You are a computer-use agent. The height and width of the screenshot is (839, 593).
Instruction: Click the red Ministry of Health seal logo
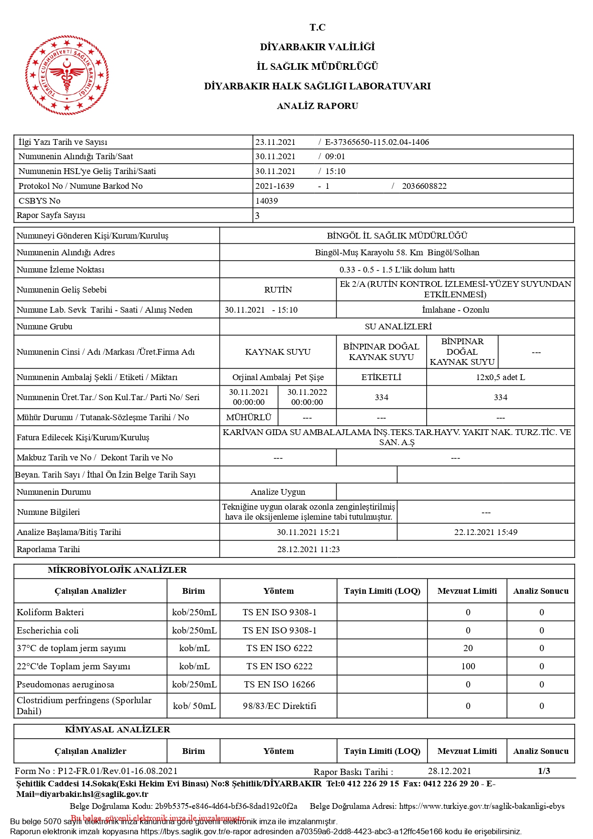point(67,75)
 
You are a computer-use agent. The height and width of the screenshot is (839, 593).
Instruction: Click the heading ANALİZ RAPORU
point(317,106)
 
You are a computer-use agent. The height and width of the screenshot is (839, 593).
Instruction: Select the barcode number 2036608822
point(424,186)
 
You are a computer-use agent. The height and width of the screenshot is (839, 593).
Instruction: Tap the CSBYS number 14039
point(266,201)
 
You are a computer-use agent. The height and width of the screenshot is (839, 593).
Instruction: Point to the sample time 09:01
point(335,156)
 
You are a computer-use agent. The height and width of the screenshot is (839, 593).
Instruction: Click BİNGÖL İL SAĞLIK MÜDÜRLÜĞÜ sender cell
point(397,236)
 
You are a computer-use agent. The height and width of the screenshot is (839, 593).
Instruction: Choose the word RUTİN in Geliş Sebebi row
point(278,290)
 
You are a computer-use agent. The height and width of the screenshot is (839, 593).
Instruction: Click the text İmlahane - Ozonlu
point(455,310)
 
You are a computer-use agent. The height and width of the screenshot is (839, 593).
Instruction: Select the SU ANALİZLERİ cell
point(398,327)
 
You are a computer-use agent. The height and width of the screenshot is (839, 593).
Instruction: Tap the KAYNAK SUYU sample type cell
point(278,352)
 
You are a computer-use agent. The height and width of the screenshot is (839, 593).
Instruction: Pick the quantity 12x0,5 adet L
point(500,377)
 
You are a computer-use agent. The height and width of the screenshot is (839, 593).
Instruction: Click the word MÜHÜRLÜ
point(249,417)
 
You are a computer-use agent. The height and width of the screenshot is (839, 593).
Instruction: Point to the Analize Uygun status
point(278,492)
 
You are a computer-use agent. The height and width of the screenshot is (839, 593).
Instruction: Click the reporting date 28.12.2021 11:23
point(308,549)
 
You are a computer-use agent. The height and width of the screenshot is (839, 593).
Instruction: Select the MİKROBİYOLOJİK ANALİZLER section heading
point(117,570)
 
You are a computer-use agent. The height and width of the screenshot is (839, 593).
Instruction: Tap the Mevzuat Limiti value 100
point(468,666)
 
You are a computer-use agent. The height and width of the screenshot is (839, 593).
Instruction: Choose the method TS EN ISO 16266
point(279,685)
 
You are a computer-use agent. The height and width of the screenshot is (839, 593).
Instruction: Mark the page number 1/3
point(544,771)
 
